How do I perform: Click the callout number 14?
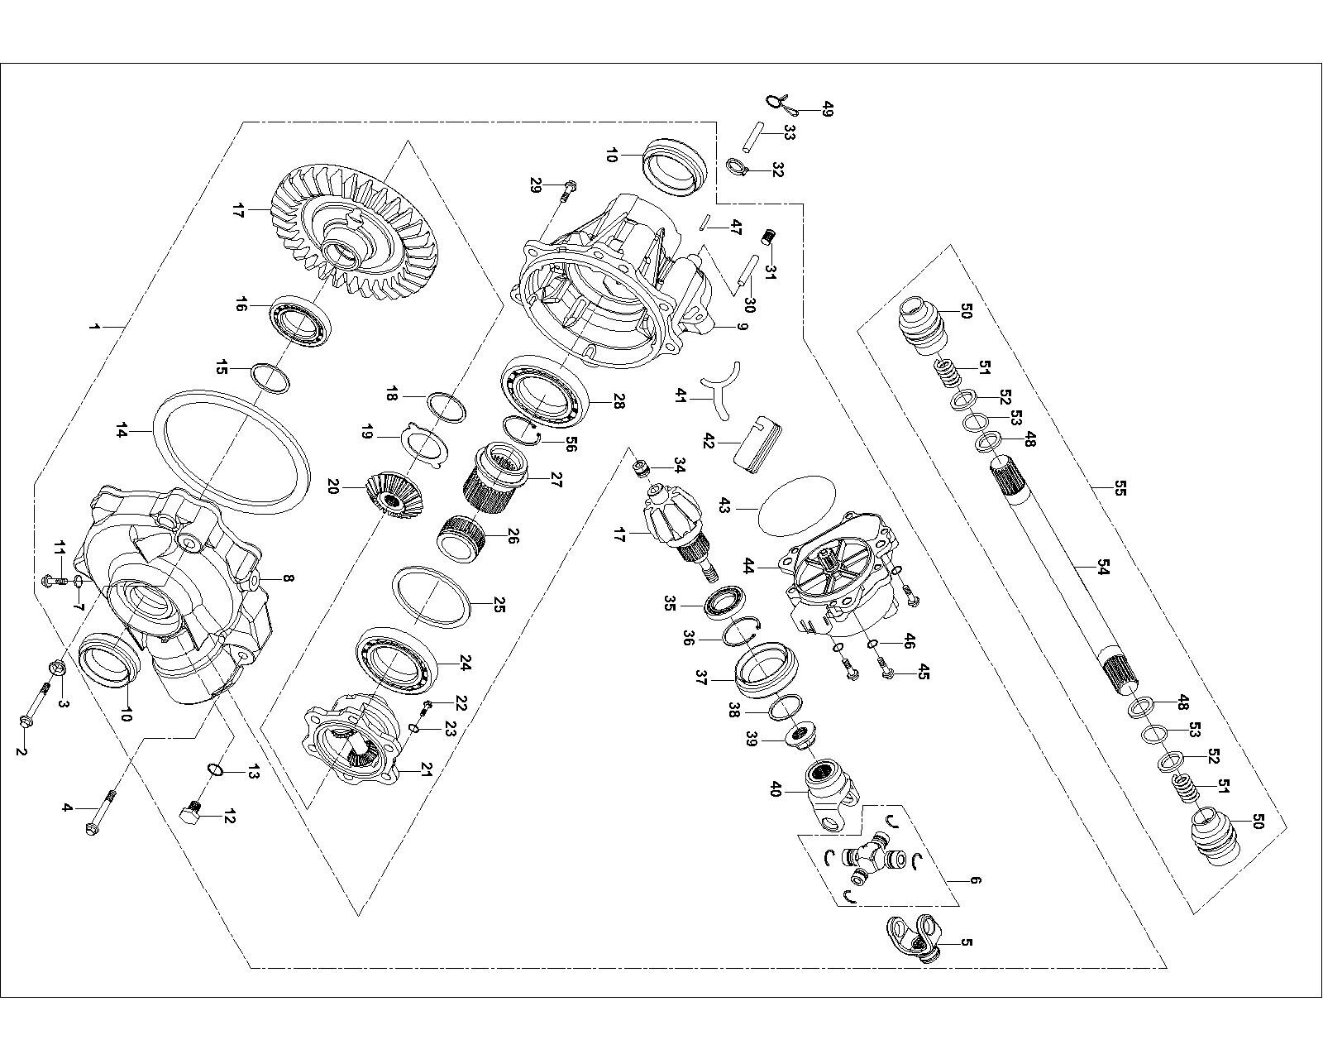pos(122,430)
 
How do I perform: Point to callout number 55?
pos(1120,488)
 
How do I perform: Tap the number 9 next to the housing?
pos(742,327)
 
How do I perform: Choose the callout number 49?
pos(828,108)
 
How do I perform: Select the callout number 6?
pos(976,880)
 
